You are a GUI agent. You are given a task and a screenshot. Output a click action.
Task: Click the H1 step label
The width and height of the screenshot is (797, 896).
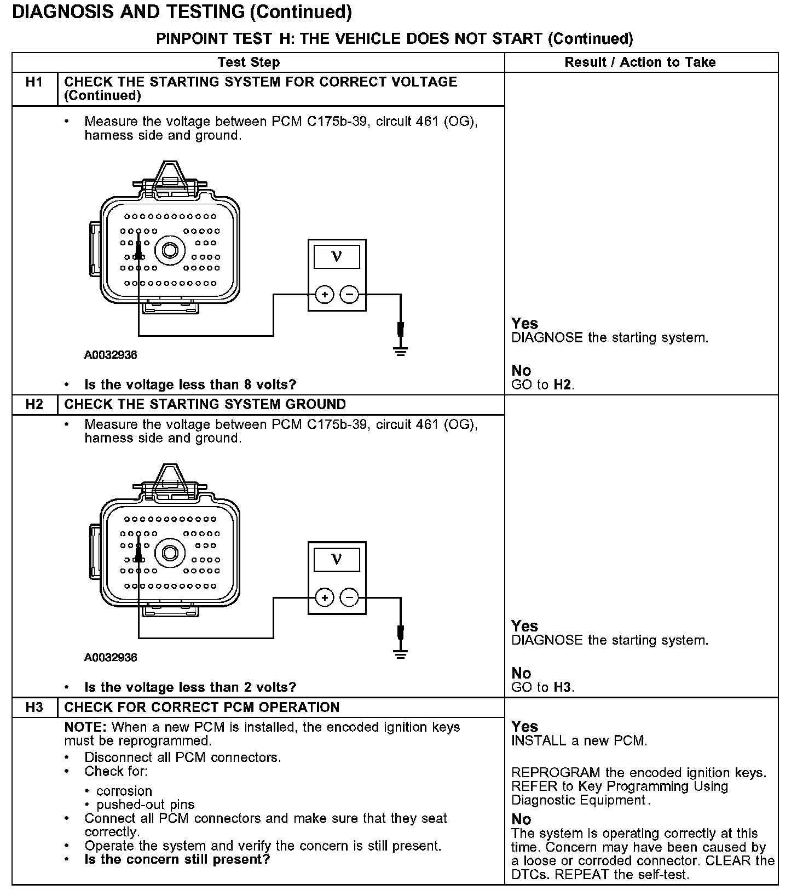click(x=34, y=82)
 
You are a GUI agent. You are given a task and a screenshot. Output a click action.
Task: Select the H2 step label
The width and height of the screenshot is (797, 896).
click(x=34, y=405)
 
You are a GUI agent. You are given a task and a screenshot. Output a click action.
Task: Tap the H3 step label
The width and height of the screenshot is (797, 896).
click(x=34, y=708)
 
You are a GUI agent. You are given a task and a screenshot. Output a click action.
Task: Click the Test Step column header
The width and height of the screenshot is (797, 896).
click(x=249, y=62)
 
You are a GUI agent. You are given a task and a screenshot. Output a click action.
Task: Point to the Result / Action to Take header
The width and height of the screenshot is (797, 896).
click(x=640, y=62)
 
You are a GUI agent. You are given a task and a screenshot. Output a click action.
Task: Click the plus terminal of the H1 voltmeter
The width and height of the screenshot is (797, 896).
click(x=325, y=295)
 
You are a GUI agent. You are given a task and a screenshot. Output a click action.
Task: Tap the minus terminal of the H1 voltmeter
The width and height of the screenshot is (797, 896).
click(x=349, y=295)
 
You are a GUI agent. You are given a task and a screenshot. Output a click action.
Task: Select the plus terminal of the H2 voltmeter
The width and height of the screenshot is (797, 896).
click(x=325, y=598)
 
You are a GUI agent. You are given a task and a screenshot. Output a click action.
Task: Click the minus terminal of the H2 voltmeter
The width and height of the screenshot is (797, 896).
click(x=349, y=598)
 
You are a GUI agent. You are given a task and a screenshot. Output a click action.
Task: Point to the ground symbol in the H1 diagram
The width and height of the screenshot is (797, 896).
click(x=401, y=351)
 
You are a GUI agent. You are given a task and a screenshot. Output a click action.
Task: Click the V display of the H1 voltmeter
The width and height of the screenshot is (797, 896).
click(x=337, y=256)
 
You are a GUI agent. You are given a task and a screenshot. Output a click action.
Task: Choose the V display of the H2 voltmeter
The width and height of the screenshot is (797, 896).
click(x=337, y=559)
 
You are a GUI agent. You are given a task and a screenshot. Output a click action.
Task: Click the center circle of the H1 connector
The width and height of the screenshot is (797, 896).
click(x=170, y=250)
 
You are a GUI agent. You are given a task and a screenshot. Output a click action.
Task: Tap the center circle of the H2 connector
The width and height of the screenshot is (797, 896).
click(x=170, y=553)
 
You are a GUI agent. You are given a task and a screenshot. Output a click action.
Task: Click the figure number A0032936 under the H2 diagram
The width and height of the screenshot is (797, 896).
click(x=111, y=658)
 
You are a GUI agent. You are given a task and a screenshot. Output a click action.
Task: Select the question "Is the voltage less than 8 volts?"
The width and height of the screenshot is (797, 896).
click(x=190, y=385)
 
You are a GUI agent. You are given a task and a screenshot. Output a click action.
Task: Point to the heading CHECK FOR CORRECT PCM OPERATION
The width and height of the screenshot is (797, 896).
click(x=202, y=708)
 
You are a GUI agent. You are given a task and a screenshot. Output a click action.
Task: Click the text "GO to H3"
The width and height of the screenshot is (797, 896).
click(x=542, y=687)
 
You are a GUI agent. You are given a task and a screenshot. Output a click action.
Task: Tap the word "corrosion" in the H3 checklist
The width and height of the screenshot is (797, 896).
click(x=124, y=791)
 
